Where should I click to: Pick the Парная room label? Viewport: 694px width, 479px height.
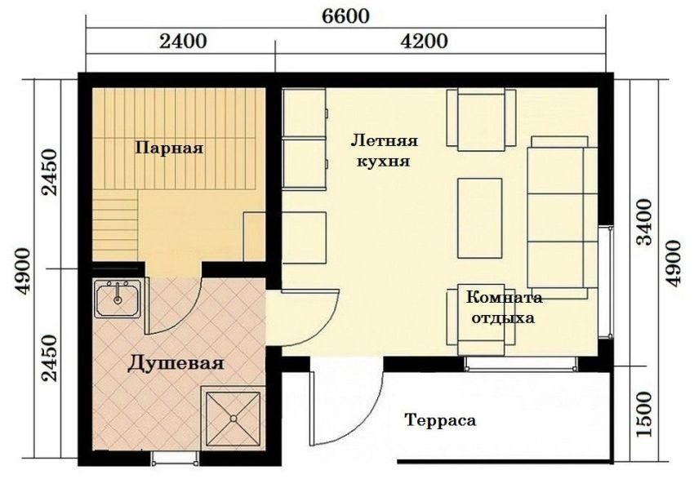[x=169, y=149]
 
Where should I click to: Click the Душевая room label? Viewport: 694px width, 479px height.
[x=176, y=364]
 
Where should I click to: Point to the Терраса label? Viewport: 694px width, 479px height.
[x=439, y=421]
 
